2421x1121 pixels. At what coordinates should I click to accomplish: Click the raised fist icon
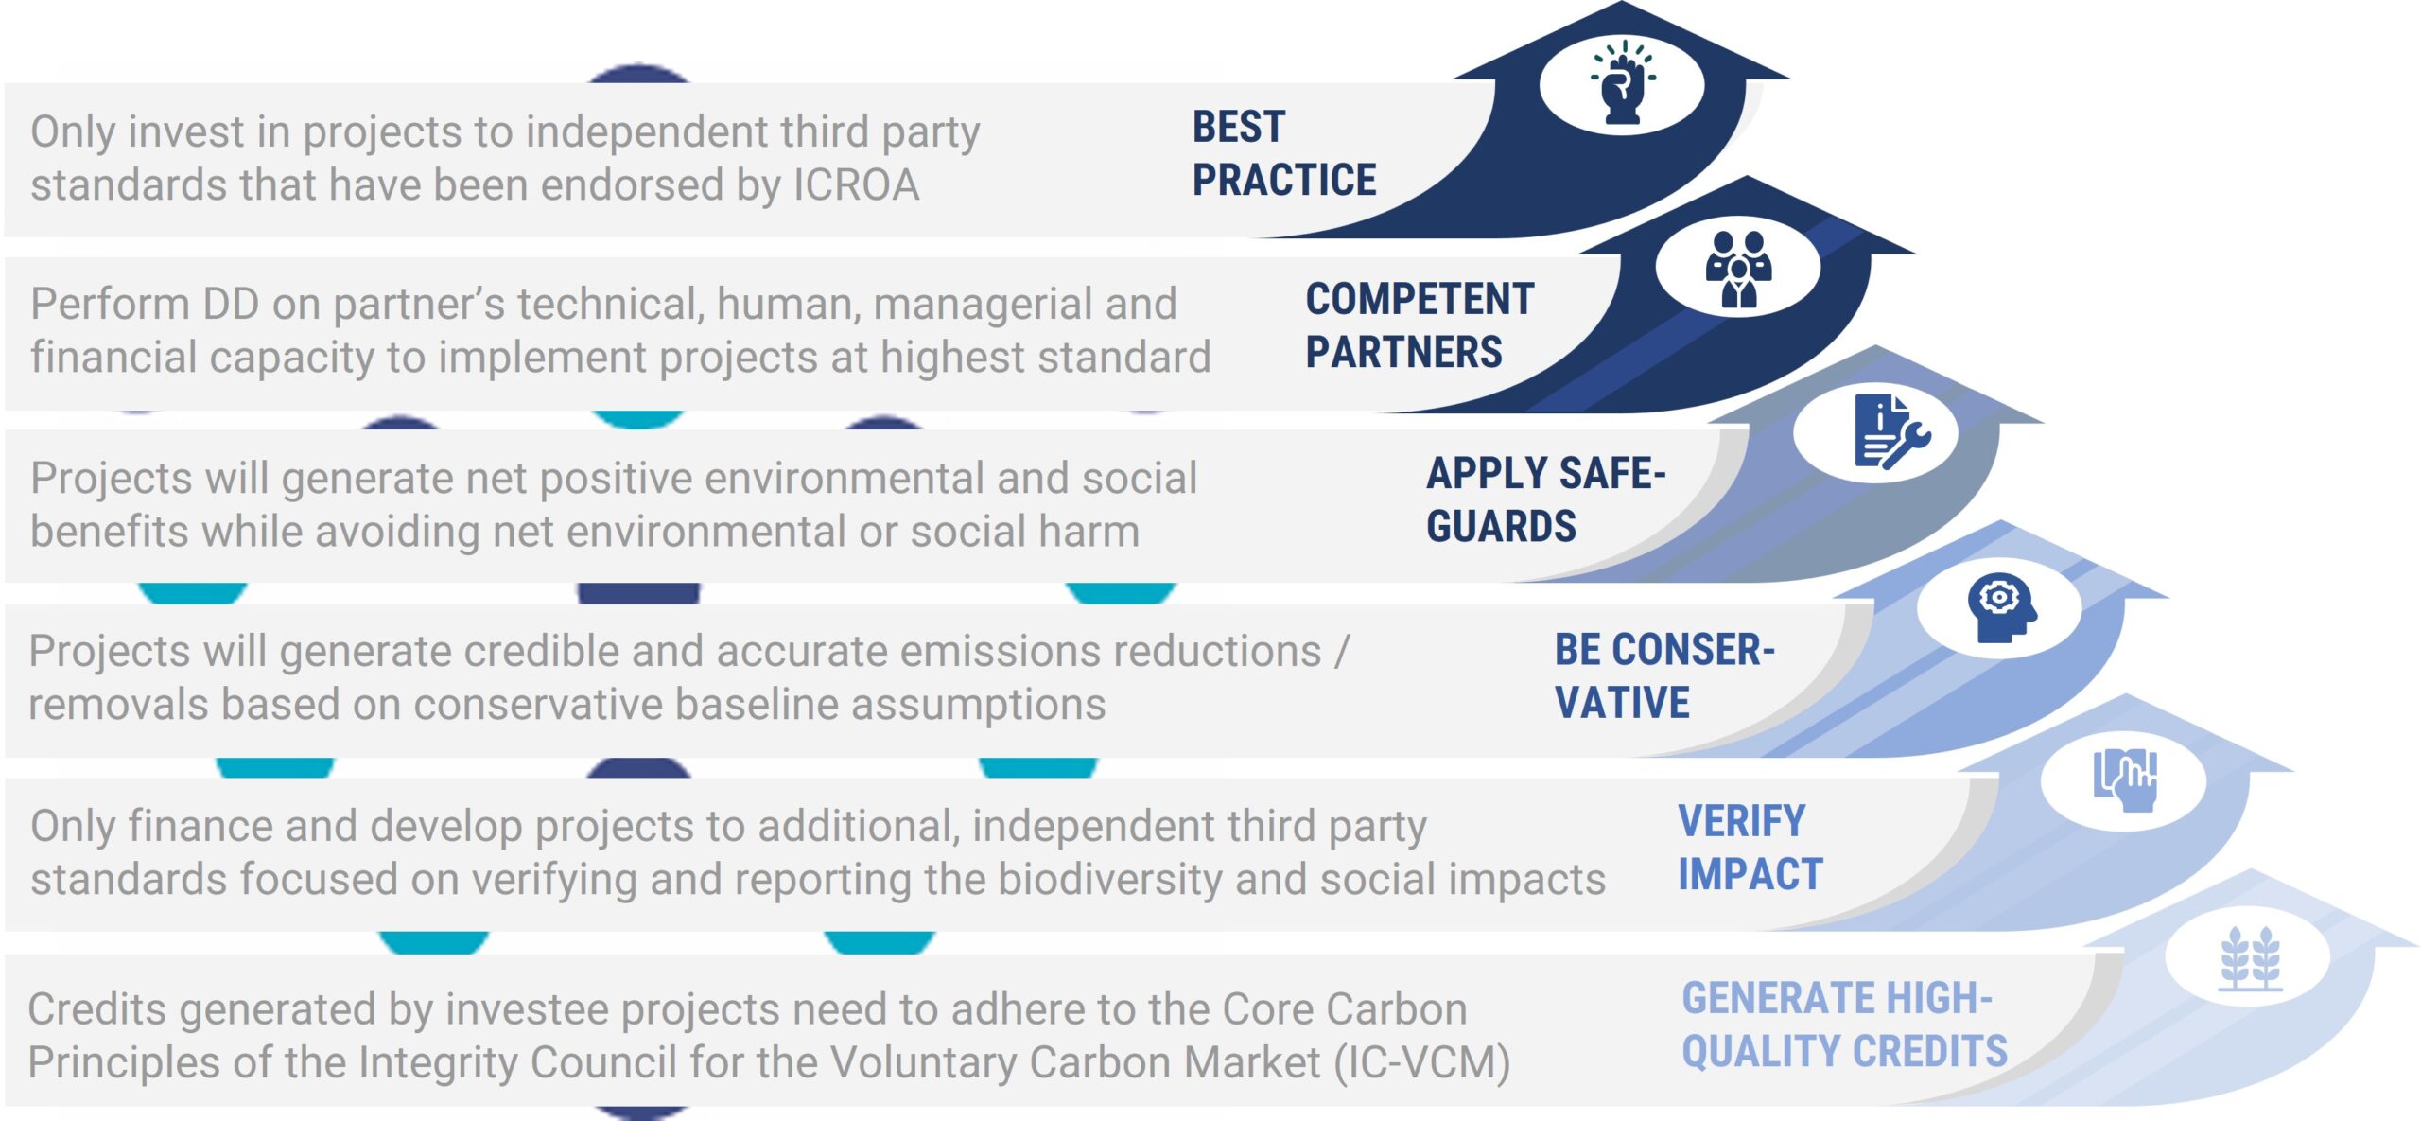point(1623,82)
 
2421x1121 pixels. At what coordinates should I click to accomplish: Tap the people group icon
point(1738,270)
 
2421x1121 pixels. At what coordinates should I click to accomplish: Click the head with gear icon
point(2002,608)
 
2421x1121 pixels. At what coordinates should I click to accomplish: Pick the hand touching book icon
point(2125,780)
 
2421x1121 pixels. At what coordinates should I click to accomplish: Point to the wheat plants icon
point(2251,958)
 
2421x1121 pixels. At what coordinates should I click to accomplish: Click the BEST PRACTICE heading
point(1283,153)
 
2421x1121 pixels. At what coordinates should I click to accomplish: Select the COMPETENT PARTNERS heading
point(1420,325)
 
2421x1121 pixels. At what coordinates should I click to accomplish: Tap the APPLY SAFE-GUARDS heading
point(1545,499)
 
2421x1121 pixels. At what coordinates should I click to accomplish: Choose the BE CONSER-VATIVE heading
point(1664,675)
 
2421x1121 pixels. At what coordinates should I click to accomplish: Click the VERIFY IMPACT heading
point(1750,848)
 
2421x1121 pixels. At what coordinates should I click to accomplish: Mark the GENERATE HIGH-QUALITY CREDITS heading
point(1844,1025)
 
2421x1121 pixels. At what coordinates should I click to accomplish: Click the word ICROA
point(856,185)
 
